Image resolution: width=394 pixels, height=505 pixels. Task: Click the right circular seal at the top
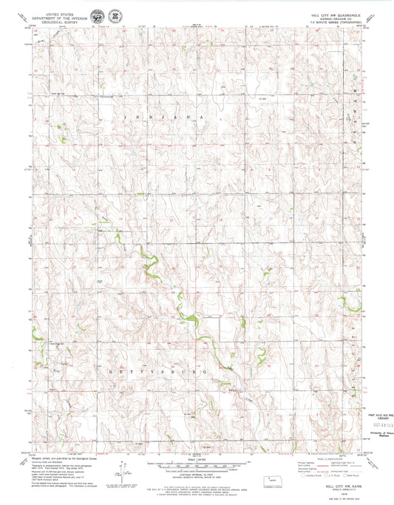pos(115,15)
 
